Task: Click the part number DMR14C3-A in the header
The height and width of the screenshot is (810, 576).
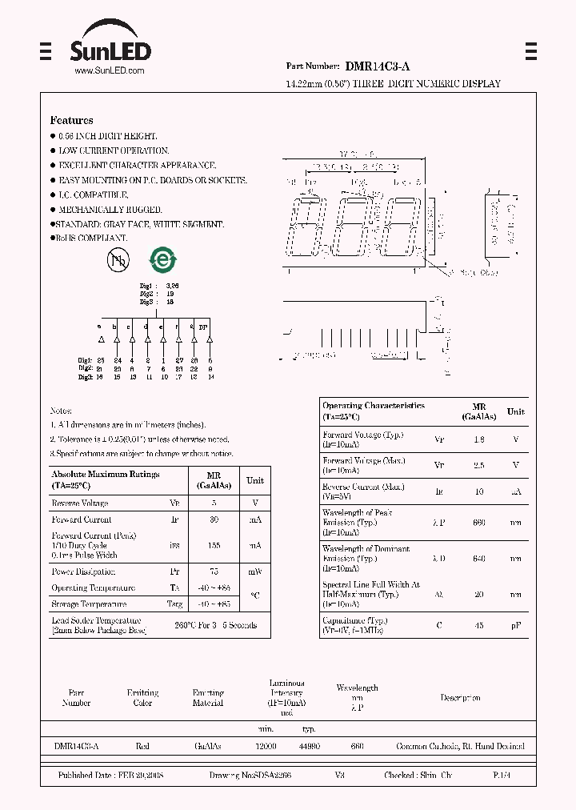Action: point(378,68)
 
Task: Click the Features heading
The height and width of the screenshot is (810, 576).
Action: point(71,120)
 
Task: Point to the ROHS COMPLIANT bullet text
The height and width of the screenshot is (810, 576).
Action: point(93,238)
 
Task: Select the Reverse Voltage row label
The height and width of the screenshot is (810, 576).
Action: point(79,503)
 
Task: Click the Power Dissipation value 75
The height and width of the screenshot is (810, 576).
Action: point(214,572)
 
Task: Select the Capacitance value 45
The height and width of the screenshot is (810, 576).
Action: point(479,625)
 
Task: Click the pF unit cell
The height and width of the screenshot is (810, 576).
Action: point(516,625)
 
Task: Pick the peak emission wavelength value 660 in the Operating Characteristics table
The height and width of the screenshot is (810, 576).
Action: point(479,522)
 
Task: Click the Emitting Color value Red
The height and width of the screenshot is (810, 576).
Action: point(142,746)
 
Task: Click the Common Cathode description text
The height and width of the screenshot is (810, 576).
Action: point(460,746)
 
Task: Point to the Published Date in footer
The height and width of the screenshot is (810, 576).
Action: point(111,776)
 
